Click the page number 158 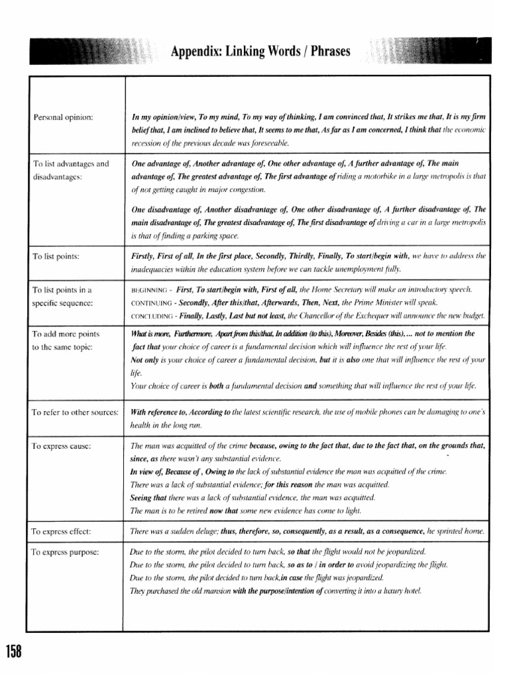click(14, 652)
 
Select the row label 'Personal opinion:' click(63, 117)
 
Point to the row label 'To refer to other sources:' click(75, 412)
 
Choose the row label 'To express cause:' click(61, 446)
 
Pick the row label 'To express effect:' click(61, 531)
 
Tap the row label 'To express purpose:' click(65, 551)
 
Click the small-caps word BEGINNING click(149, 290)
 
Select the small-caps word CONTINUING click(152, 303)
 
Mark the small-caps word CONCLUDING click(152, 315)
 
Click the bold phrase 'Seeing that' click(148, 497)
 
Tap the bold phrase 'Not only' click(146, 360)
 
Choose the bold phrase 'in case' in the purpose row click(300, 577)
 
